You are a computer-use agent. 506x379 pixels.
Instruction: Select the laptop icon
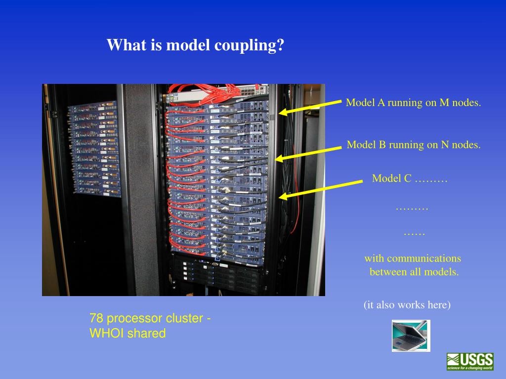[411, 336]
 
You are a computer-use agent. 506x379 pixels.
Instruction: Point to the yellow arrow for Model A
[310, 107]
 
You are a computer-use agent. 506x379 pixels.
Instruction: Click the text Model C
[391, 178]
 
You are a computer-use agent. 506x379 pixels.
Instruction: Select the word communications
[423, 258]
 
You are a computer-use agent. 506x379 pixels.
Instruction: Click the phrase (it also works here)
[407, 305]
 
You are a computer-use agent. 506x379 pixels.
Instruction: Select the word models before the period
[441, 271]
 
